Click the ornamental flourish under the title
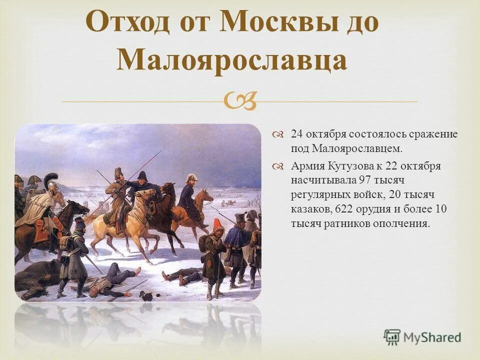point(240,101)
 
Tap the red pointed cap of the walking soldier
point(217,225)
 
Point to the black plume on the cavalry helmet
point(51,177)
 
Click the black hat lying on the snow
point(146,295)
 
